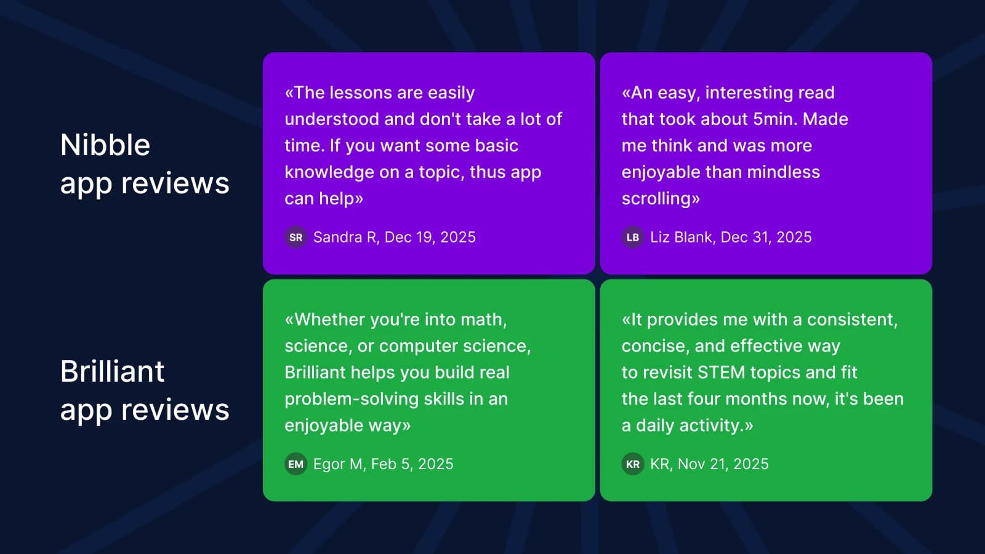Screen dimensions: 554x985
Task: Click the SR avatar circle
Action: coord(295,238)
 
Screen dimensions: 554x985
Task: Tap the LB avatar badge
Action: coord(632,238)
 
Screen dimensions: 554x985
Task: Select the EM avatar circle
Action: coord(295,464)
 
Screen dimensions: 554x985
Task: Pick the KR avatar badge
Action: coord(632,464)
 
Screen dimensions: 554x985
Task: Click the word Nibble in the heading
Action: coord(105,145)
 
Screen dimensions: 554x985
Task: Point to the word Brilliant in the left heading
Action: coord(112,372)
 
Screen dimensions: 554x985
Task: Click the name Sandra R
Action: coord(345,238)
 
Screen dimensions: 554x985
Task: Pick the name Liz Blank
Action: coord(682,238)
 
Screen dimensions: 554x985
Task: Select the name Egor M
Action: coord(338,464)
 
